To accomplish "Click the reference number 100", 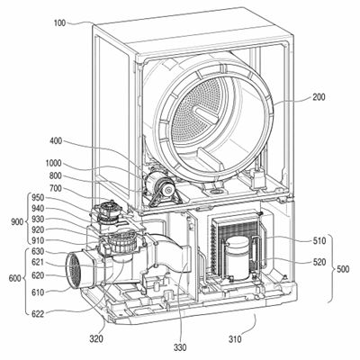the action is click(x=59, y=22).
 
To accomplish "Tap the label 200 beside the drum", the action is click(x=319, y=97).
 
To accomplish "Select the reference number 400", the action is click(x=56, y=140).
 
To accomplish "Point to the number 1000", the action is click(x=53, y=164).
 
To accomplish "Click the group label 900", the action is click(x=18, y=222).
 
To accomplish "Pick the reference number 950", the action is click(x=38, y=198).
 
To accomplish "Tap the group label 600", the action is click(x=15, y=278).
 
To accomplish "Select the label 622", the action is click(x=38, y=314).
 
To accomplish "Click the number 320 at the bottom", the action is click(x=96, y=339).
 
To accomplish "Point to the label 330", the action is click(x=180, y=347).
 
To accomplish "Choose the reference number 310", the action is click(x=235, y=339).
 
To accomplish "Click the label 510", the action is click(x=319, y=241).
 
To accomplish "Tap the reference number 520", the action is click(x=319, y=262).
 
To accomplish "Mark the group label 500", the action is click(x=343, y=269).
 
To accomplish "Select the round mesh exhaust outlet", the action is click(x=74, y=271).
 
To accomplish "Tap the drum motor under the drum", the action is click(x=159, y=185).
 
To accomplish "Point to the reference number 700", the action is click(x=56, y=189).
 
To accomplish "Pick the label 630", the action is click(x=38, y=251).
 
